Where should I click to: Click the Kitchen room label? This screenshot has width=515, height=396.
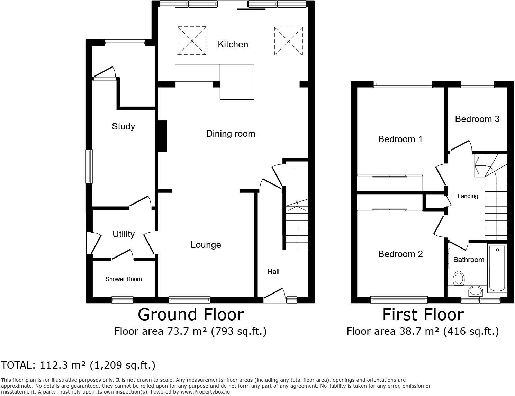pyautogui.click(x=233, y=44)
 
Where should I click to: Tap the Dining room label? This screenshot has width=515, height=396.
pyautogui.click(x=231, y=134)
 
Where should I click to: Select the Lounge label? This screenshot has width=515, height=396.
pyautogui.click(x=206, y=245)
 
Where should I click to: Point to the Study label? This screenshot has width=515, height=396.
pyautogui.click(x=123, y=126)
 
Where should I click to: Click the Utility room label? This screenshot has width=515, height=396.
pyautogui.click(x=124, y=234)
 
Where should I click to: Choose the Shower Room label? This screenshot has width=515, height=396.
pyautogui.click(x=124, y=279)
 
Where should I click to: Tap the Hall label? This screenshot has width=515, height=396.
pyautogui.click(x=273, y=272)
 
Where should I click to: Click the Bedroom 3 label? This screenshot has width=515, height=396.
pyautogui.click(x=477, y=119)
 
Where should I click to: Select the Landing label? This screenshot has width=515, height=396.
pyautogui.click(x=468, y=196)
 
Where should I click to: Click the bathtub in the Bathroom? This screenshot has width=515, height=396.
pyautogui.click(x=497, y=268)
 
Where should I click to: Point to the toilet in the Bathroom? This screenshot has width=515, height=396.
pyautogui.click(x=459, y=278)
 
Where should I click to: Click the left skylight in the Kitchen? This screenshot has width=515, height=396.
pyautogui.click(x=192, y=41)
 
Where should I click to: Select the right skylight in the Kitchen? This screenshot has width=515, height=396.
pyautogui.click(x=289, y=41)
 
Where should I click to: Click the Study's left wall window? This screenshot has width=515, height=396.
pyautogui.click(x=89, y=166)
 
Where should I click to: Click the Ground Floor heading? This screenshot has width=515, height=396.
pyautogui.click(x=191, y=315)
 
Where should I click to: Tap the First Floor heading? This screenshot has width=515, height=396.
pyautogui.click(x=423, y=315)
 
